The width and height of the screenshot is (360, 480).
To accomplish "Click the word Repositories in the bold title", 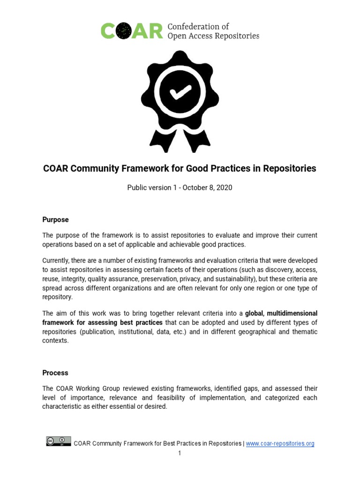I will click(290, 168).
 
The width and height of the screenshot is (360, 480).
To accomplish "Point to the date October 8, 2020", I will click(207, 187).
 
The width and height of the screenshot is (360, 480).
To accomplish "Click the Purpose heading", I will click(55, 219).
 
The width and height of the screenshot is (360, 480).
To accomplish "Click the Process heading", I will click(55, 373).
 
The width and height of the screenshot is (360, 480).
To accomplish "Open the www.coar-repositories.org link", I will click(280, 443).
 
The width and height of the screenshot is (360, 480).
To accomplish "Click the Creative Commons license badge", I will click(59, 441).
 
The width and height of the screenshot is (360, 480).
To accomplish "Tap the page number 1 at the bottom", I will click(179, 453).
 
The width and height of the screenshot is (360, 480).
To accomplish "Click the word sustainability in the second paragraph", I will click(256, 278).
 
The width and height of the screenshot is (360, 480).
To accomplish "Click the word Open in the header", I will click(177, 36).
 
